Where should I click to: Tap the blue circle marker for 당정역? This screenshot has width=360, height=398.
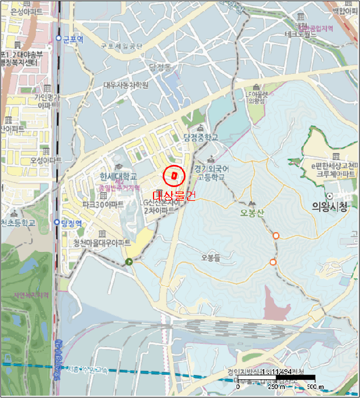click(x=57, y=222)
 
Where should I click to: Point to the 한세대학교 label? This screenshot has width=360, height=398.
click(x=118, y=176)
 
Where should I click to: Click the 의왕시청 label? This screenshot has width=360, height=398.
click(x=329, y=208)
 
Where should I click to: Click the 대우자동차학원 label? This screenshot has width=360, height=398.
click(x=126, y=85)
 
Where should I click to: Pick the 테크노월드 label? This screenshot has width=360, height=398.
click(x=301, y=34)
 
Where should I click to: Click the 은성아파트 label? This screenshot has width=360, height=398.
click(x=23, y=11)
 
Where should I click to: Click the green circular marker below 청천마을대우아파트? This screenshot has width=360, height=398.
click(x=130, y=262)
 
